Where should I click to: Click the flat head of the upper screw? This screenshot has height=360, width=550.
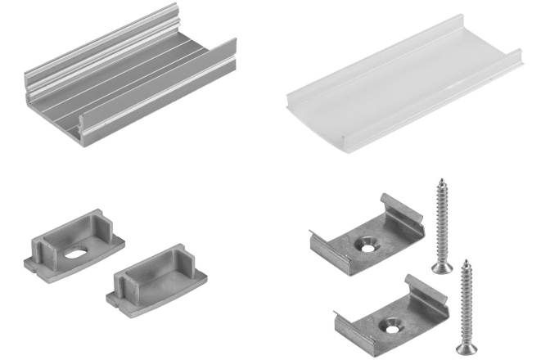pos(440,267)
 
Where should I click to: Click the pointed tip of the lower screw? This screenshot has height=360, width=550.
pos(465,261)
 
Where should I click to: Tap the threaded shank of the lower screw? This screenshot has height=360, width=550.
pos(465,303)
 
